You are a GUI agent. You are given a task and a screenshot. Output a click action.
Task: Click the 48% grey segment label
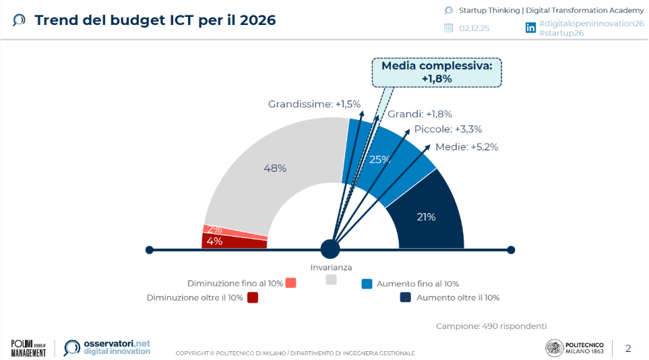(274, 169)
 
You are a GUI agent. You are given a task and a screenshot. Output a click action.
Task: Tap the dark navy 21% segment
(427, 217)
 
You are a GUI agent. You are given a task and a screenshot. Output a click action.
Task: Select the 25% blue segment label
(380, 160)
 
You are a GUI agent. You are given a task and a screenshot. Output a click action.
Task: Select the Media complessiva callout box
(437, 72)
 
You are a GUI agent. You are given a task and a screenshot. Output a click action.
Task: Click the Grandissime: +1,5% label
(314, 104)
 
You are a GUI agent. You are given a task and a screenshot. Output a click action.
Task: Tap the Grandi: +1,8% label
(429, 114)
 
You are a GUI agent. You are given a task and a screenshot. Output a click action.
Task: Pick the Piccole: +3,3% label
(448, 129)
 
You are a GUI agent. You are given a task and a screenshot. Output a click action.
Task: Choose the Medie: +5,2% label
(466, 147)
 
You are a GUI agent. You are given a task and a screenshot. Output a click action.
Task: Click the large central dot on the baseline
(330, 249)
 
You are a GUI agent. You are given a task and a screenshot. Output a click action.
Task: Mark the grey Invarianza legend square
(331, 280)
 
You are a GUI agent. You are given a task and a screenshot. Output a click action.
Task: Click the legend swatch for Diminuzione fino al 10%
(291, 283)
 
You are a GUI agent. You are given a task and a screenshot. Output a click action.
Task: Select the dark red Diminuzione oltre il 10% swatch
(253, 297)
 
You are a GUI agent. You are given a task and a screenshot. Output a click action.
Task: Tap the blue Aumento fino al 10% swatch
(367, 284)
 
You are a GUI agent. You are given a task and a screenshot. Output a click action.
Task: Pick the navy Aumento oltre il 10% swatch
(406, 297)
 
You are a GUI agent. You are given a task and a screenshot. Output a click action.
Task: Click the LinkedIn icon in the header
(531, 28)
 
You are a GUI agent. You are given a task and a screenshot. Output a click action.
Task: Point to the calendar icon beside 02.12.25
(449, 28)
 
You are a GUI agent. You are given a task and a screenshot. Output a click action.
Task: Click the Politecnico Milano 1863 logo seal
(554, 348)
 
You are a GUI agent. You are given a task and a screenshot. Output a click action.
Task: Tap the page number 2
(628, 349)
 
